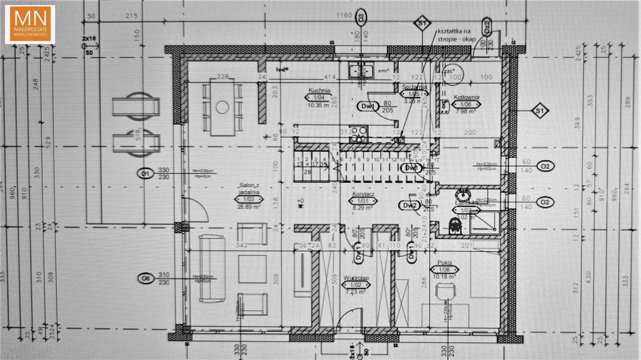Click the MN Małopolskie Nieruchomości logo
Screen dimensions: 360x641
click(x=30, y=24)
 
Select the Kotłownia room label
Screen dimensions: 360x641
click(x=466, y=98)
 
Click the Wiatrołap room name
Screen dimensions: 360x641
click(x=356, y=277)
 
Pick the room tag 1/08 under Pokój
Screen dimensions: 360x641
click(x=444, y=269)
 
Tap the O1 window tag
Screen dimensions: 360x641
click(x=145, y=174)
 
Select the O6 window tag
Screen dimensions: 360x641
click(x=145, y=278)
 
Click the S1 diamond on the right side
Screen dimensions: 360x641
click(x=539, y=111)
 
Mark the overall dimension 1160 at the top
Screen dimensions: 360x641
click(x=345, y=16)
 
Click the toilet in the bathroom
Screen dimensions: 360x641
click(x=456, y=226)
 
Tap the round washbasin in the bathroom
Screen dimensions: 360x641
click(x=461, y=194)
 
